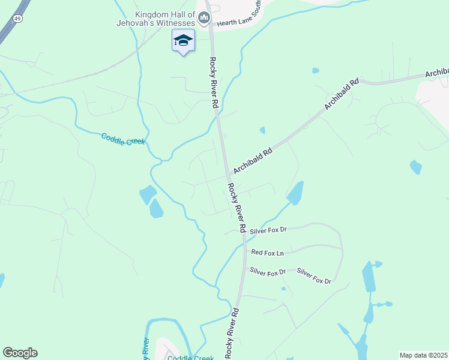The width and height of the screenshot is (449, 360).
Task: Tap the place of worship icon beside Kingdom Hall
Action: coord(203,19)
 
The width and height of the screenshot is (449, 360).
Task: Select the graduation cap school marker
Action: coord(183,40)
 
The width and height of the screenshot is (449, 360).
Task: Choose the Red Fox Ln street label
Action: coord(267,253)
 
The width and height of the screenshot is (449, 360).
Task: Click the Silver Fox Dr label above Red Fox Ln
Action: coord(268,230)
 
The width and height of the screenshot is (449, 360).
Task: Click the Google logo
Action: coord(20,353)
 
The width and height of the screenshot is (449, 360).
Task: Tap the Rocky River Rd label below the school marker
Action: coord(214,82)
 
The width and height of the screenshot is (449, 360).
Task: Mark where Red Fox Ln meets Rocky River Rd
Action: coord(244,254)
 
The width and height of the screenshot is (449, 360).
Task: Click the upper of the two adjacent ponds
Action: coord(147,194)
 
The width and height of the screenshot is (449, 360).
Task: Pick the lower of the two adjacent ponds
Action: coord(156,209)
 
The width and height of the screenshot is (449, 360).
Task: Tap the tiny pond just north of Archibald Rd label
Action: coord(262,130)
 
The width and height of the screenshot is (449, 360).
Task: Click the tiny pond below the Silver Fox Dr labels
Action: coord(283,289)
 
